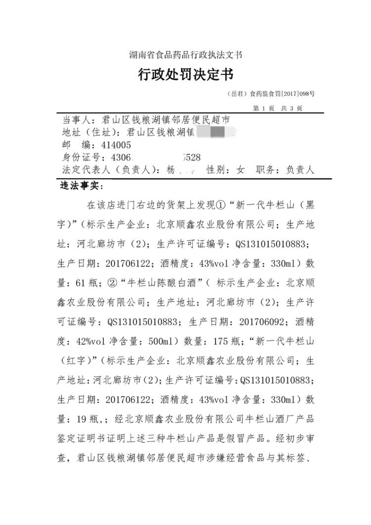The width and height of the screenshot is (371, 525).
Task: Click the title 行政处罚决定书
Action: (x=185, y=75)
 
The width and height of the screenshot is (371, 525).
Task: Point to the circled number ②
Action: (x=111, y=285)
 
